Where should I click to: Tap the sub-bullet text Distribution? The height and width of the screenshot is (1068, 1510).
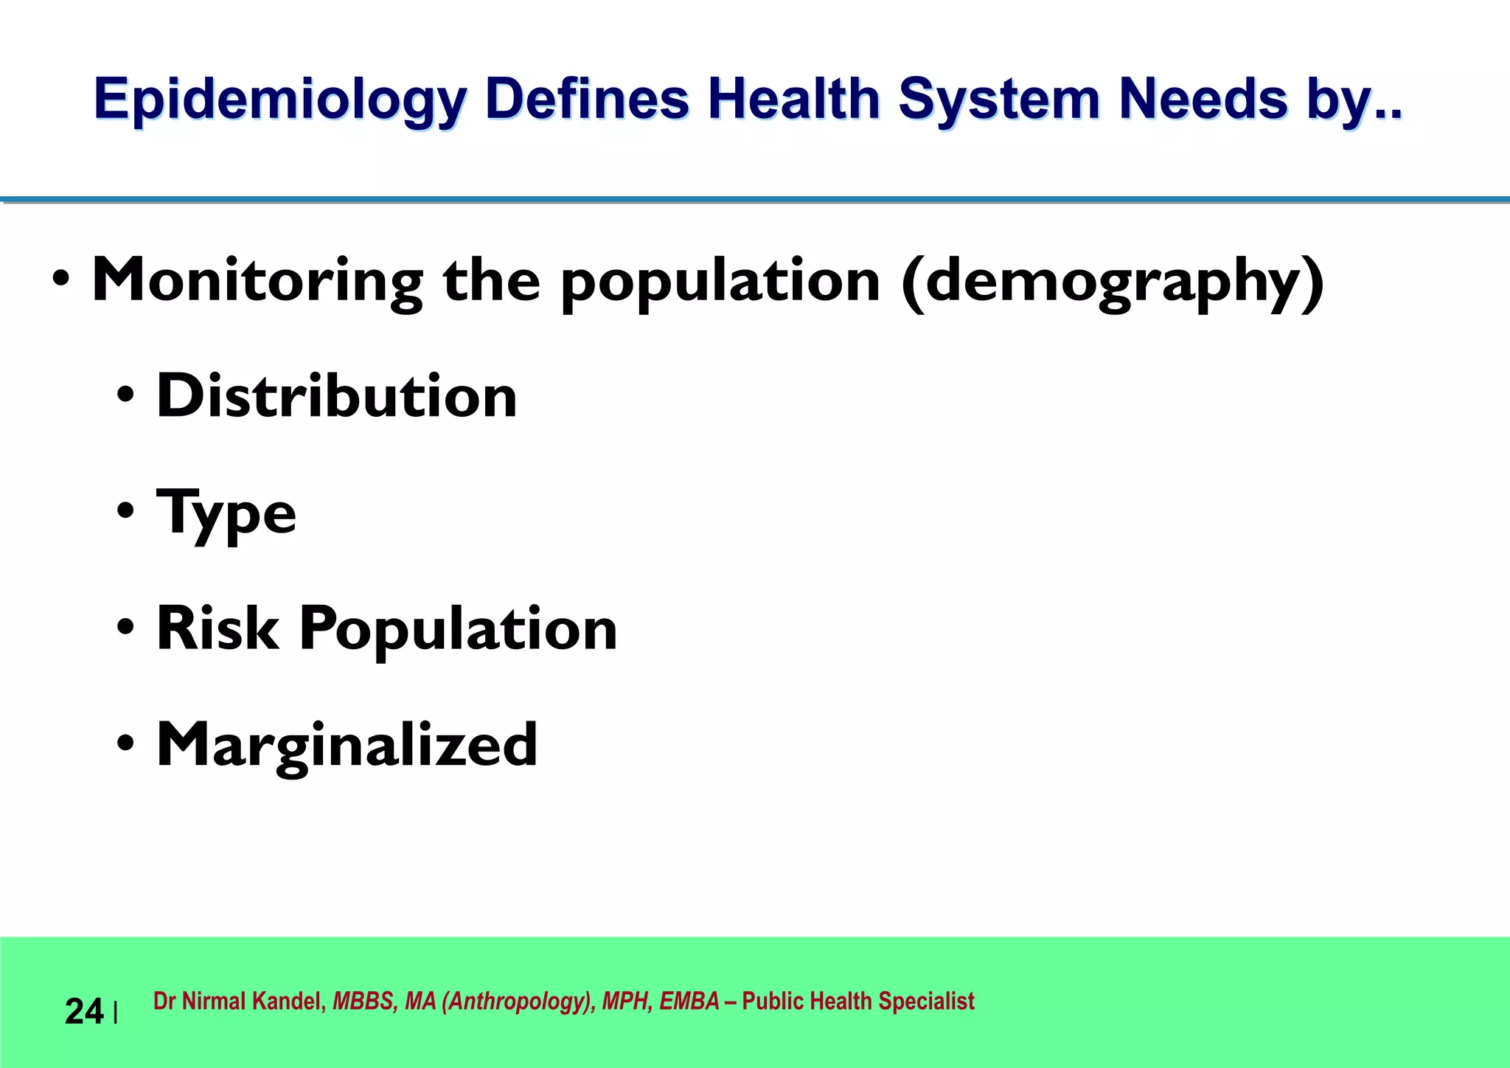click(x=337, y=396)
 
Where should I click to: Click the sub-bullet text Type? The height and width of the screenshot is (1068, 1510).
click(x=226, y=513)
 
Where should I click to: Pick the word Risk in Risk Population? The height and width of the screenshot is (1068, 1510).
click(x=218, y=628)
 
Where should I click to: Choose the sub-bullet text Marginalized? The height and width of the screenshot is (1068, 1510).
click(x=347, y=745)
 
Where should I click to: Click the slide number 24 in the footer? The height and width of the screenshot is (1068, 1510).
click(x=84, y=1011)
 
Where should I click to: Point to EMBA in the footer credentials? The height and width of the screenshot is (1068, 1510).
click(x=689, y=1002)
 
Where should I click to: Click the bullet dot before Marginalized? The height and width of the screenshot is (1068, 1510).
click(x=126, y=745)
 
